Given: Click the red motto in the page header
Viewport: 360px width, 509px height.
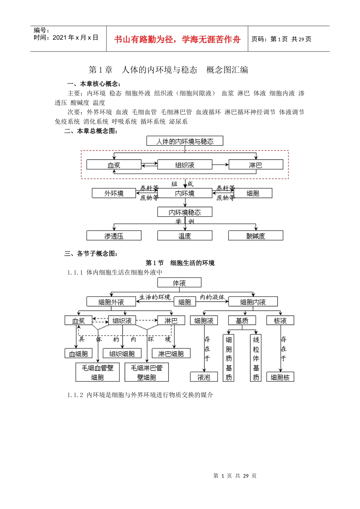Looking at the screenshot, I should tap(177, 39).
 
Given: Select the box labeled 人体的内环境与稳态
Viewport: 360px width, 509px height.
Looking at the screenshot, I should tap(185, 141).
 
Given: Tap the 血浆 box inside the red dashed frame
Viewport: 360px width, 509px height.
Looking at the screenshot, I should tap(114, 165).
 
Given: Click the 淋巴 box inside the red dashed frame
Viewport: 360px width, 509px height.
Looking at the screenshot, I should tap(255, 165).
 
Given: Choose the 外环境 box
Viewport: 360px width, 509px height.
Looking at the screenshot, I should tap(114, 193).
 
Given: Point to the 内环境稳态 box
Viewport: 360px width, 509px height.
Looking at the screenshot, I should tap(185, 212).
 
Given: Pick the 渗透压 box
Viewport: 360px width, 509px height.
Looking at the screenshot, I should tap(114, 236).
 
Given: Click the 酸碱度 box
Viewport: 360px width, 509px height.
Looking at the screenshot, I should tap(255, 236).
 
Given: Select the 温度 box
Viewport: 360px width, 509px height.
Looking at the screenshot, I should tap(185, 236).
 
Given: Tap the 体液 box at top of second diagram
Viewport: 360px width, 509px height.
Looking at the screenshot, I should tap(179, 283).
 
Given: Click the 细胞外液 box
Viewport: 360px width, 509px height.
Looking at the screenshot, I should tap(111, 302).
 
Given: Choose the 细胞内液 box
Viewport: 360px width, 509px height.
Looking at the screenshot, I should tap(253, 302).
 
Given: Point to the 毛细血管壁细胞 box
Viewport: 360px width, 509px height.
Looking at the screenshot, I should tap(97, 372).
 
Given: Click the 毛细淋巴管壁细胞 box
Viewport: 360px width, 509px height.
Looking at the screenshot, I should tap(146, 372).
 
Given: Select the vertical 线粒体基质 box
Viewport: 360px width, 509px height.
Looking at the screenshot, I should tap(256, 358).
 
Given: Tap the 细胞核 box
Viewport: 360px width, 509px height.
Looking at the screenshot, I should tap(280, 377).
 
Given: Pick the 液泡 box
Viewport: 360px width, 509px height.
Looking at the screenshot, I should tap(204, 377).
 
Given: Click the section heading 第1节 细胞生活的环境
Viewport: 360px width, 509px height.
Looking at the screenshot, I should tap(180, 263).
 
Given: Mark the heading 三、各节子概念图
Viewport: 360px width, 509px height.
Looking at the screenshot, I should tap(91, 253).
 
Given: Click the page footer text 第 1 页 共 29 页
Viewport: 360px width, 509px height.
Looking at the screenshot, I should tap(235, 476).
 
